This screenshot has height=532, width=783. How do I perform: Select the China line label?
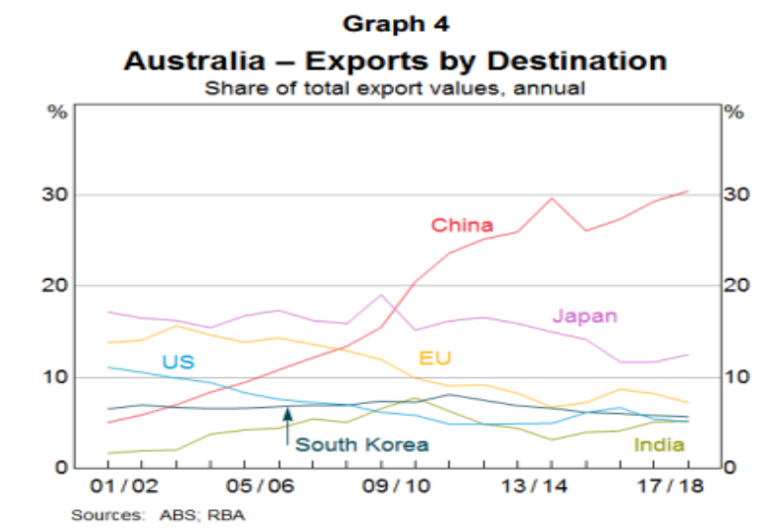coord(461,224)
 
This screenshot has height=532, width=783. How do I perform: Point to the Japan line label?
coord(585,317)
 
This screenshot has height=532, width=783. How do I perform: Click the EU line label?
coord(435,356)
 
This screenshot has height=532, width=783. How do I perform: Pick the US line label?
coord(177,362)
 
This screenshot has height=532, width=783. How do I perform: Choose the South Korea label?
coord(362,445)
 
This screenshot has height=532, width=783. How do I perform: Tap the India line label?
coord(659,445)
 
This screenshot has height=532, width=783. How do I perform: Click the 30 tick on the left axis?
coord(58,195)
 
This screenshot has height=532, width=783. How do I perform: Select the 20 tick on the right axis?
coord(734,286)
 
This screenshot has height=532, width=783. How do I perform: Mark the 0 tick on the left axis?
coord(63,467)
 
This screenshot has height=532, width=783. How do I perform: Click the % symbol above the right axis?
coord(734,111)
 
